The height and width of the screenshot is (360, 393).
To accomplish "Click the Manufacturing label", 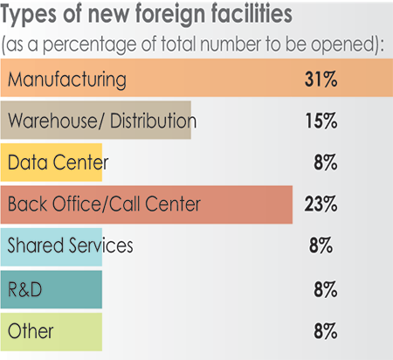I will [x=66, y=80].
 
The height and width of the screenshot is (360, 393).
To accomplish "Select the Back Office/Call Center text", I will [x=104, y=204].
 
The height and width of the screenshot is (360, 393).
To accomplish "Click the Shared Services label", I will [x=70, y=246].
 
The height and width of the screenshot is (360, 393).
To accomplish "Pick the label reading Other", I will [x=30, y=331].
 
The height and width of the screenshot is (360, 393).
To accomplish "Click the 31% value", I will [x=320, y=80].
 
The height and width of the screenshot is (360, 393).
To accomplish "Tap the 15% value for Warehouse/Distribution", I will [x=320, y=121].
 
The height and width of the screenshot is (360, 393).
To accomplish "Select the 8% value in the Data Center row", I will [x=324, y=163].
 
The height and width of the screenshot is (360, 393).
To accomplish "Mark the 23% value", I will [x=320, y=204].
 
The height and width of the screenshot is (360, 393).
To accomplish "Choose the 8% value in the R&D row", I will [x=324, y=288].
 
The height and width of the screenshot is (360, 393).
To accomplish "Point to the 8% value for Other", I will [x=324, y=331].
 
